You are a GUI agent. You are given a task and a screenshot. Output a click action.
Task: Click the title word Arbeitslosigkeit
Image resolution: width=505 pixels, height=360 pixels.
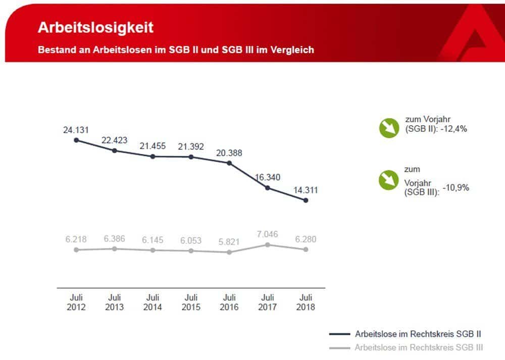(95, 27)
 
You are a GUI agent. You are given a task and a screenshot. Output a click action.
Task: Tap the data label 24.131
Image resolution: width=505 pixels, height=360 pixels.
(76, 130)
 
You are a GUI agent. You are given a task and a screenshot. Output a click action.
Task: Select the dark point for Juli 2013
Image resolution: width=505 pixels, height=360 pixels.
(115, 150)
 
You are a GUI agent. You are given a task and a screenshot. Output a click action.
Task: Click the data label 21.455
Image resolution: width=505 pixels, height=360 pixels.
(153, 146)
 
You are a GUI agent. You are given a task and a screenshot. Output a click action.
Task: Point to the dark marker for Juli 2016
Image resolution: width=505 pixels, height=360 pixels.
(229, 163)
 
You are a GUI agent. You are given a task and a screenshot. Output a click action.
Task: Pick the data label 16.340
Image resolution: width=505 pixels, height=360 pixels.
(268, 177)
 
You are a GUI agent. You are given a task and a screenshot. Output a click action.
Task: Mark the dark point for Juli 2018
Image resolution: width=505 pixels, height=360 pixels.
(306, 200)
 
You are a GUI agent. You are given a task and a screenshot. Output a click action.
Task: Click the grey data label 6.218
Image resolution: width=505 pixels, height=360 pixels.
(76, 239)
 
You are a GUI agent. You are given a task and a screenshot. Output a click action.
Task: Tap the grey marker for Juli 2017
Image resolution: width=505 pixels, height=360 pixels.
(268, 245)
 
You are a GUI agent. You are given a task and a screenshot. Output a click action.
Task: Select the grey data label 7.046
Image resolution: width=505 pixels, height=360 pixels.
(268, 234)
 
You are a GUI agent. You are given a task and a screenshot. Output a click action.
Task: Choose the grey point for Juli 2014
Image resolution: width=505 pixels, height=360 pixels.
(153, 250)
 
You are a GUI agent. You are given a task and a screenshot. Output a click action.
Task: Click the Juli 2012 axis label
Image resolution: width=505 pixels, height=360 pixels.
(76, 302)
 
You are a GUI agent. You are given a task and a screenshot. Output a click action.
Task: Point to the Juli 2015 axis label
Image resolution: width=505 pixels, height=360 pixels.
(191, 302)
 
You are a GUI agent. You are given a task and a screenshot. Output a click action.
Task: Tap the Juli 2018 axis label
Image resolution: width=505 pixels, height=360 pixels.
(306, 302)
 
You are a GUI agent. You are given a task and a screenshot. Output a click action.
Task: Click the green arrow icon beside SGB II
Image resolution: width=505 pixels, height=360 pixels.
(389, 128)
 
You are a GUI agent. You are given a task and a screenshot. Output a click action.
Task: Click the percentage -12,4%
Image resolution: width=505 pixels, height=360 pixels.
(453, 129)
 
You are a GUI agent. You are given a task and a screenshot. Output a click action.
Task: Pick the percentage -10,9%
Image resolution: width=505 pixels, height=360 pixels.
(456, 188)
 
